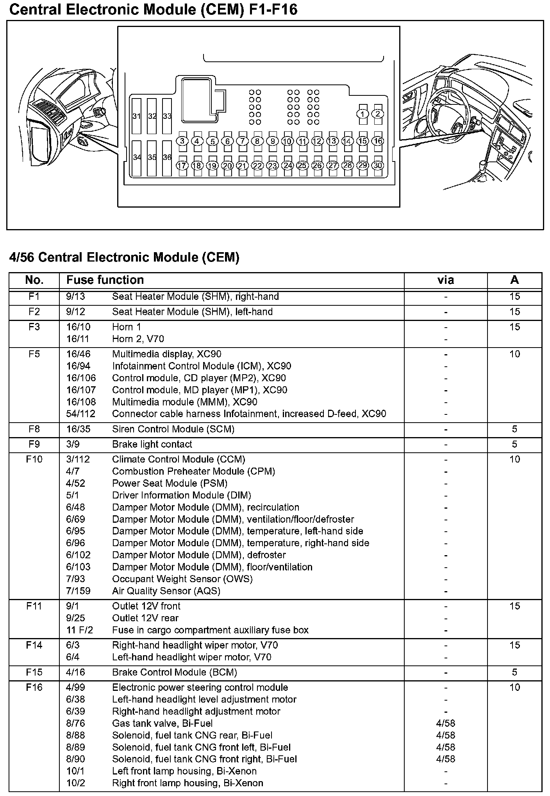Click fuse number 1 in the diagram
(x=362, y=114)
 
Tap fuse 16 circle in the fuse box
(x=378, y=141)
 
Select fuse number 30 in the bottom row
(x=378, y=165)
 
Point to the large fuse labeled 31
(x=136, y=117)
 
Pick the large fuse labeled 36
(x=167, y=158)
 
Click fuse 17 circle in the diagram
(x=182, y=165)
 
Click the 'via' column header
(x=445, y=280)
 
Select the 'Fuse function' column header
(x=105, y=280)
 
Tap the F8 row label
(x=34, y=429)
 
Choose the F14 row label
(x=34, y=645)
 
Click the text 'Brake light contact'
(x=152, y=444)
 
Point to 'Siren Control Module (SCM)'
(x=173, y=429)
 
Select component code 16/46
(x=78, y=354)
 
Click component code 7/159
(x=78, y=591)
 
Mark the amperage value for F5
(x=514, y=354)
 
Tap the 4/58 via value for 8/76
(x=445, y=723)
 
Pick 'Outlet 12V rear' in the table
(x=145, y=618)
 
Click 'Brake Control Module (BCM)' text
(x=175, y=672)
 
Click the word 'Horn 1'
(x=127, y=327)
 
